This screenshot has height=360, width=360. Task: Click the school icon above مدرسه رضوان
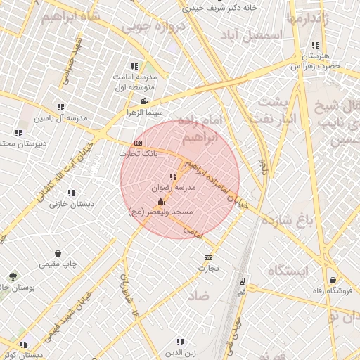pos(173,176)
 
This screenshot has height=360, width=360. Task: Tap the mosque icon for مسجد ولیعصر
pos(161,201)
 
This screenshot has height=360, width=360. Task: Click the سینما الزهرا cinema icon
pos(144,101)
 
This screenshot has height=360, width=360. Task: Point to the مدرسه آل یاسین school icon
pos(60,107)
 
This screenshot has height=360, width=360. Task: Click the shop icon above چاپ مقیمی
pos(57,253)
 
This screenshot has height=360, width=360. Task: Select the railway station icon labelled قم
pos(242,281)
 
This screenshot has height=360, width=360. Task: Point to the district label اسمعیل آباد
pos(251,34)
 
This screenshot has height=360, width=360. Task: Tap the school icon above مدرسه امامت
pos(134,66)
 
